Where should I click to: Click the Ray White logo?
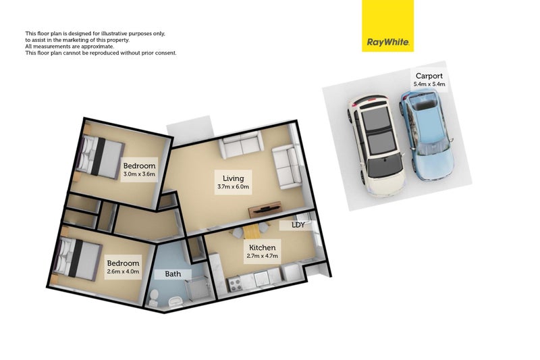(387, 26)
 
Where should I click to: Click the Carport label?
(429, 76)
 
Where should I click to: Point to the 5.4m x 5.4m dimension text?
(429, 84)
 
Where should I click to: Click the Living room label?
(233, 178)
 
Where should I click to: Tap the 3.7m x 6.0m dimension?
(233, 187)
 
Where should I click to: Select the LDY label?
(298, 226)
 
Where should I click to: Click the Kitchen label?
(262, 248)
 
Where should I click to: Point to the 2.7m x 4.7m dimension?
(262, 256)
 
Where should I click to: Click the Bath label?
(173, 274)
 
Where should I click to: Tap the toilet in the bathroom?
(153, 298)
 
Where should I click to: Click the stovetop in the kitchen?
(235, 285)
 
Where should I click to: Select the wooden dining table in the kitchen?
(250, 231)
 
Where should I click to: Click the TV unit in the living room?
(265, 211)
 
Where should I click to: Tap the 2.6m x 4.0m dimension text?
(123, 272)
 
